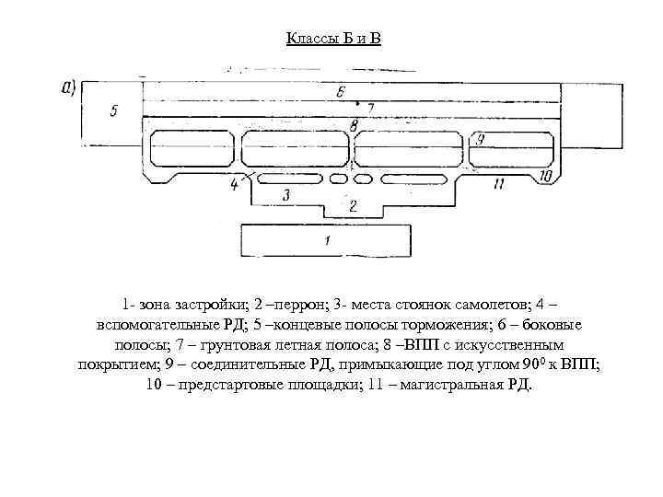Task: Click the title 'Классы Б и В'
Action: pos(332,38)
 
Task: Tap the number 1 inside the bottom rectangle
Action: pos(328,241)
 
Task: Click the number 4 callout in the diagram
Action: pos(113,111)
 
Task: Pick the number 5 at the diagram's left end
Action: pos(341,92)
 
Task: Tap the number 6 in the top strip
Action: pos(369,108)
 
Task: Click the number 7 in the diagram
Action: pos(354,123)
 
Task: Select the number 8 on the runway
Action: pos(481,139)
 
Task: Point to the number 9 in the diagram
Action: pos(544,175)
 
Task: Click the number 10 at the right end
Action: pos(498,184)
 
